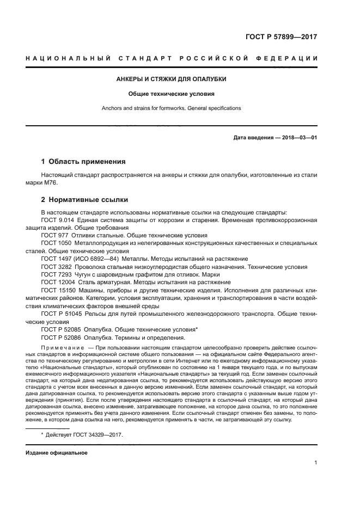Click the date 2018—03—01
[x=298, y=138]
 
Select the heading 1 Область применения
[x=84, y=162]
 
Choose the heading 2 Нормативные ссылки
[x=84, y=200]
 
